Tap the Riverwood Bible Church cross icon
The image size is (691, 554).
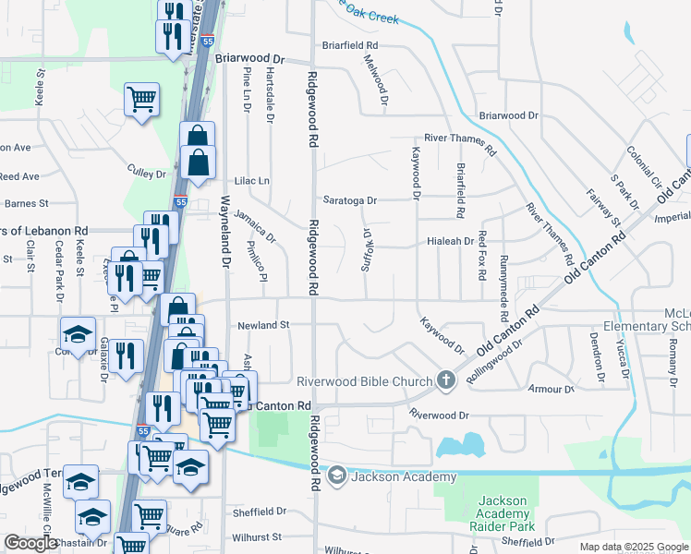pos(445,380)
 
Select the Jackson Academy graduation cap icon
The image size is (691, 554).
pos(337,476)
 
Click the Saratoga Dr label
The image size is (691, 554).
pos(350,200)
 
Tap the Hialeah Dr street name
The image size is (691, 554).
pos(450,240)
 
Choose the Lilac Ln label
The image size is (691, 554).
pos(251,181)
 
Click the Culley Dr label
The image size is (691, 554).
pos(146,173)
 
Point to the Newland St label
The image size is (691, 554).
pos(263,325)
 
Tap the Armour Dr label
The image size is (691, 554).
pos(552,389)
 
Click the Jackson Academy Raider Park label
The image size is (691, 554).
pos(503,513)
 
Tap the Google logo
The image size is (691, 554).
pos(31,543)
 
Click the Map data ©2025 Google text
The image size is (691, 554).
pos(633,547)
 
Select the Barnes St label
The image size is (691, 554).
pos(19,203)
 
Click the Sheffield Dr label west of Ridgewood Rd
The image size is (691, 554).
pos(261,512)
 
